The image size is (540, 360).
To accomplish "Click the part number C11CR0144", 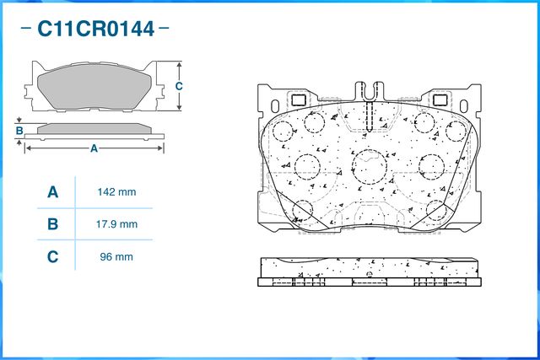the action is [95, 29].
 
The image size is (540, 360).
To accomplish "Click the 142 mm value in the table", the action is [116, 192].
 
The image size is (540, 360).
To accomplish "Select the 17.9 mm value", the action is [116, 224].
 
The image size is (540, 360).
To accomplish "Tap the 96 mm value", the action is [116, 257].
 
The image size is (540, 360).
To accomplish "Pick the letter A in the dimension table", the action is [52, 192].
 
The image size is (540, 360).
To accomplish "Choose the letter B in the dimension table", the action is [52, 224].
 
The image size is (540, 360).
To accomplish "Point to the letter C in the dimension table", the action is [52, 257].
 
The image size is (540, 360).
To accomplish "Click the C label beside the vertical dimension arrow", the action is [179, 86].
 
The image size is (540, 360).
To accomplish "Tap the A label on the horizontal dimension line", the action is [94, 148].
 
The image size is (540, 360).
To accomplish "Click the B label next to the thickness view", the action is [19, 131].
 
